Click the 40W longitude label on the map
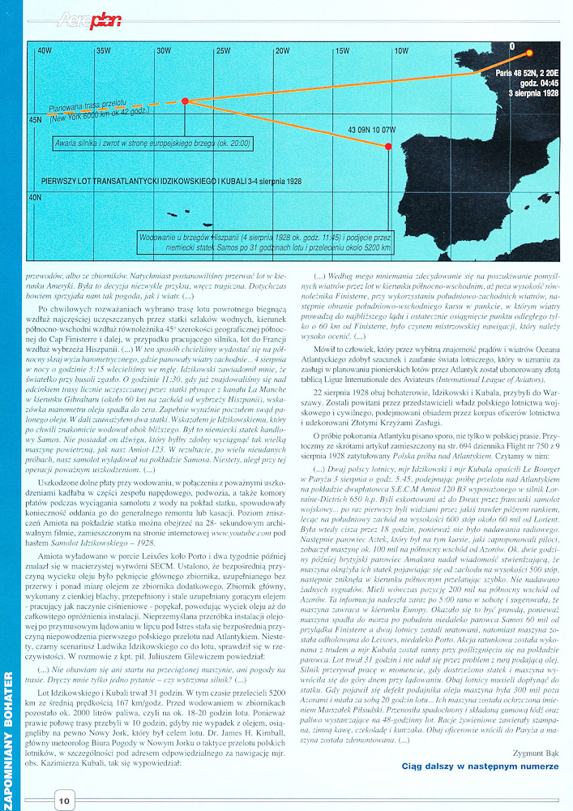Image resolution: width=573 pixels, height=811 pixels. [44, 50]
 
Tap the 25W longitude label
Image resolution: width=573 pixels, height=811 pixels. [223, 50]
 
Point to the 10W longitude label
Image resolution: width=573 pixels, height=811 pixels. [401, 50]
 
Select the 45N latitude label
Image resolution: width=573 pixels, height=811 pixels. [36, 120]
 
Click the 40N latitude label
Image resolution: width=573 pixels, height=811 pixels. [36, 197]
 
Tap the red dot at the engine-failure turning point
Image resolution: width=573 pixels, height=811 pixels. [186, 101]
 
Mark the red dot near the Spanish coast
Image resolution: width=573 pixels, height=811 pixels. [388, 147]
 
